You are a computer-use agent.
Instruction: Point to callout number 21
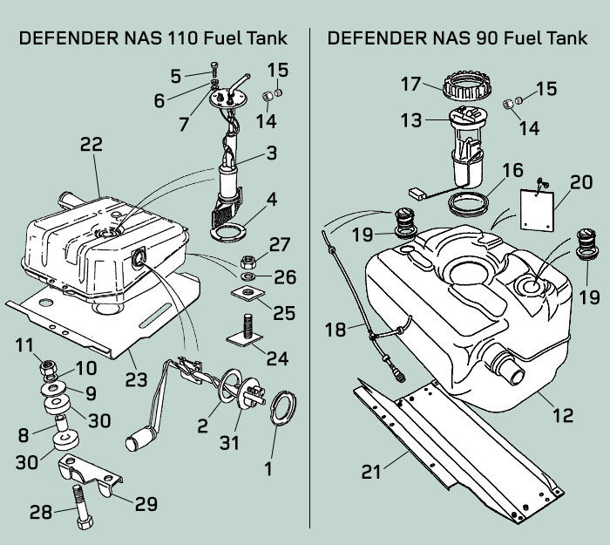coord(372,472)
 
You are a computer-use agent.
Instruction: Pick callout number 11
coord(24,344)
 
